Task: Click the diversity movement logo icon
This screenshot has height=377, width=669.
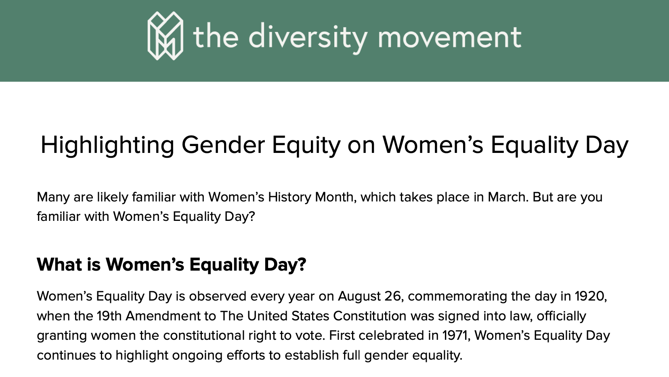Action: point(165,36)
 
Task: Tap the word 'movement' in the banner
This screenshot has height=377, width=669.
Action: point(449,37)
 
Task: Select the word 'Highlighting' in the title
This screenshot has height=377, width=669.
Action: point(107,145)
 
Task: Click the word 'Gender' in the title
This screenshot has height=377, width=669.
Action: point(223,145)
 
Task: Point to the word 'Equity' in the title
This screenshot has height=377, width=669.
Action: point(306,145)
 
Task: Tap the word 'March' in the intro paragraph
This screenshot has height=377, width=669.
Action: point(507,197)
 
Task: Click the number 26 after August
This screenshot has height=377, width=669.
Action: point(392,297)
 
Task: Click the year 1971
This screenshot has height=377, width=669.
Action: point(456,336)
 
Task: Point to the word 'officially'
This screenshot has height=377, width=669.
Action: point(561,316)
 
